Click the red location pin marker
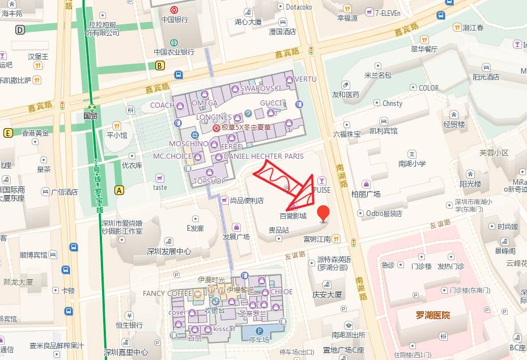[x=323, y=214]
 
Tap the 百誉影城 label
[x=293, y=216]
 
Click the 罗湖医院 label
[x=433, y=315]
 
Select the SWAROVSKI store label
[x=261, y=88]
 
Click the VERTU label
[x=305, y=79]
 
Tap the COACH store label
[x=162, y=105]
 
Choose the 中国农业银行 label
[x=174, y=52]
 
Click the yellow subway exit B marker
[x=160, y=65]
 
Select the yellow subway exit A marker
[x=119, y=190]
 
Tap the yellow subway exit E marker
[x=8, y=133]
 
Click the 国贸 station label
[x=91, y=116]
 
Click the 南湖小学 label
[x=412, y=164]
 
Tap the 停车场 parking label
[x=259, y=339]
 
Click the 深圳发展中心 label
[x=169, y=251]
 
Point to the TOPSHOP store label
[x=210, y=181]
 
